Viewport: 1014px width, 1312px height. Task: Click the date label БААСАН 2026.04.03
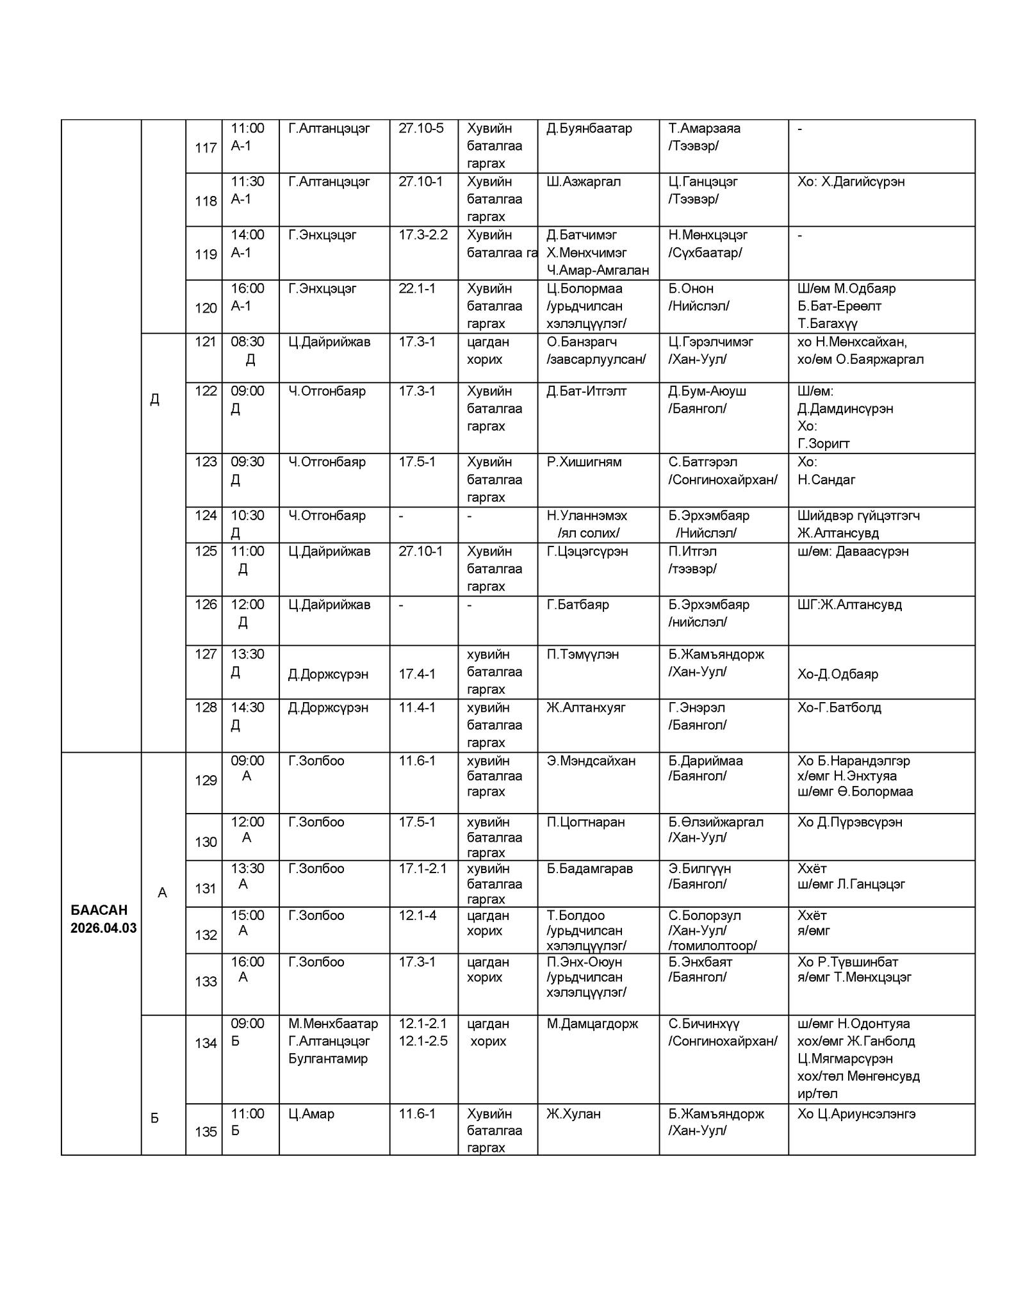point(103,919)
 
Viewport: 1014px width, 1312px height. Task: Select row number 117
point(206,148)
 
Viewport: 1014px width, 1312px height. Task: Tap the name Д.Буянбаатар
point(589,128)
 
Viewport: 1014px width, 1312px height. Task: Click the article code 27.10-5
point(421,128)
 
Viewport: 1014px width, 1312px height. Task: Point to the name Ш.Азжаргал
point(584,181)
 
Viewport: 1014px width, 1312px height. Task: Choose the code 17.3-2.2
point(423,234)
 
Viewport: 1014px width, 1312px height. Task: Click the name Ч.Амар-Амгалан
point(598,270)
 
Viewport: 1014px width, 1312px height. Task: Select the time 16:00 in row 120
point(247,288)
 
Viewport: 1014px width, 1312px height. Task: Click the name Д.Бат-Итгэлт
point(586,391)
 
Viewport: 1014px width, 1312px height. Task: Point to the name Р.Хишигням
point(584,462)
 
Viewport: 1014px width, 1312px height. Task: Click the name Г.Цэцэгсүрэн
point(587,551)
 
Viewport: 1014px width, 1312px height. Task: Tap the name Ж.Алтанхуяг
point(585,707)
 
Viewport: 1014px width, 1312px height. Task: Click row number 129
point(206,780)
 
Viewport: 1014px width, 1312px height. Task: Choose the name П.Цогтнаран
point(585,822)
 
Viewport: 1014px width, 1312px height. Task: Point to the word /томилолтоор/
point(712,946)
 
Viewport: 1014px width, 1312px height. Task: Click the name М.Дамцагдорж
point(592,1024)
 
